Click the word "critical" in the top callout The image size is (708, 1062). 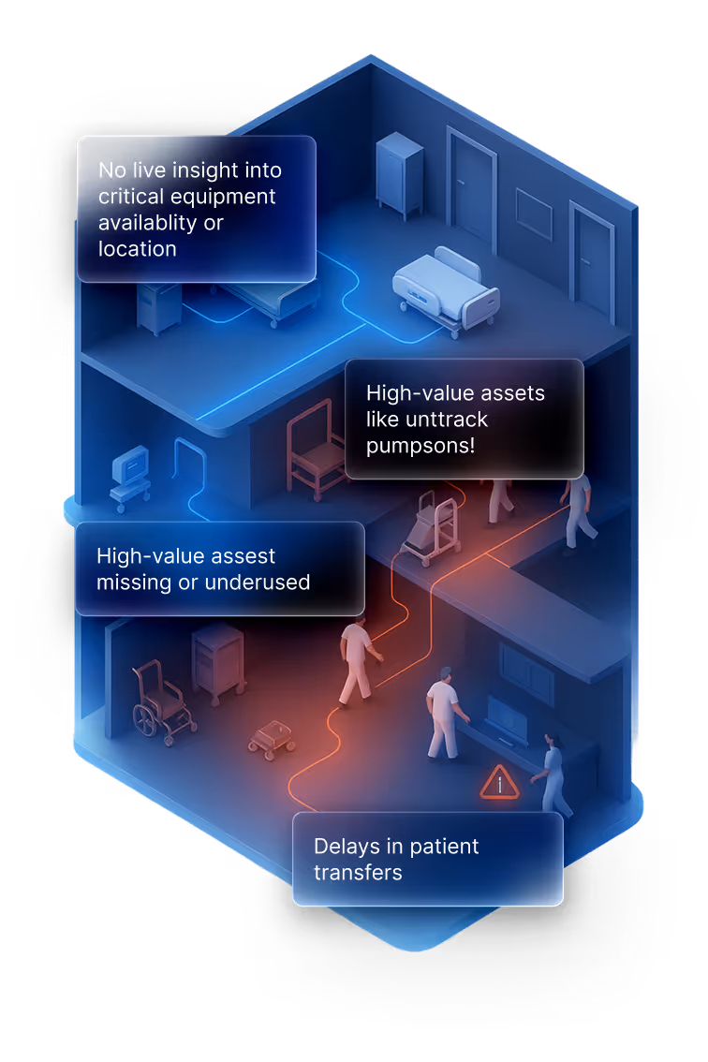point(130,197)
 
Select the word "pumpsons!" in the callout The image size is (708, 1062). point(420,445)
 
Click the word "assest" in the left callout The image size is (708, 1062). point(244,556)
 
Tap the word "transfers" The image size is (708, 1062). point(358,873)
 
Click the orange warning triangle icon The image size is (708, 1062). point(499,784)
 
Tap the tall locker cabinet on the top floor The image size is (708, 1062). point(399,174)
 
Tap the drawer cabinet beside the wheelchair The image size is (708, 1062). point(218,661)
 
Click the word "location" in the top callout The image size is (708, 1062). point(138,249)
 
